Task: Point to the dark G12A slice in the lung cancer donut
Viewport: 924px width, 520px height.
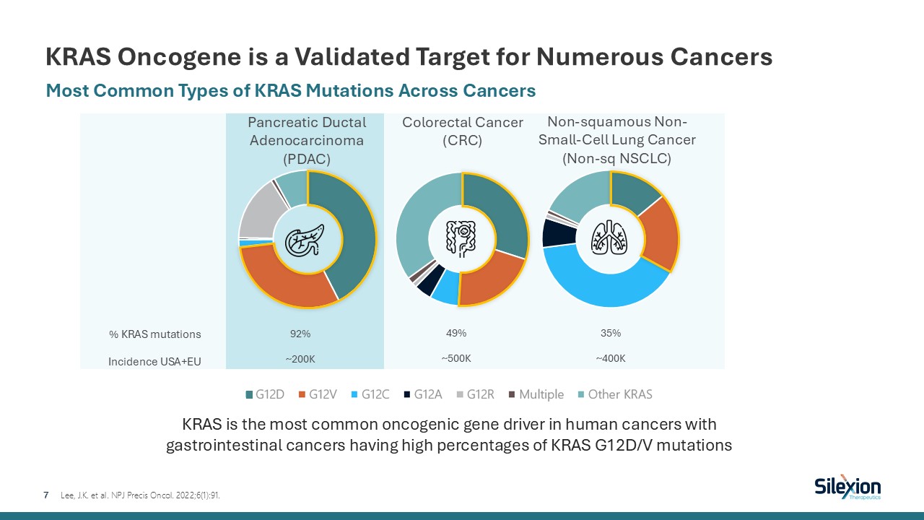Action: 554,232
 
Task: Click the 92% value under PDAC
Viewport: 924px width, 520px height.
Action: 300,334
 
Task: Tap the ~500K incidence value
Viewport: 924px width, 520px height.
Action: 456,358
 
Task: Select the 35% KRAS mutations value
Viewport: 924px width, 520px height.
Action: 611,334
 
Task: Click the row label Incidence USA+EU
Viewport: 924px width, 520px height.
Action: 154,361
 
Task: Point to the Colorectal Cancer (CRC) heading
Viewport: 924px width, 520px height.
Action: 463,131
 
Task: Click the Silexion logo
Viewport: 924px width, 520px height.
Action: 847,487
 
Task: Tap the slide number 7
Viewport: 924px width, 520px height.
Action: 46,495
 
